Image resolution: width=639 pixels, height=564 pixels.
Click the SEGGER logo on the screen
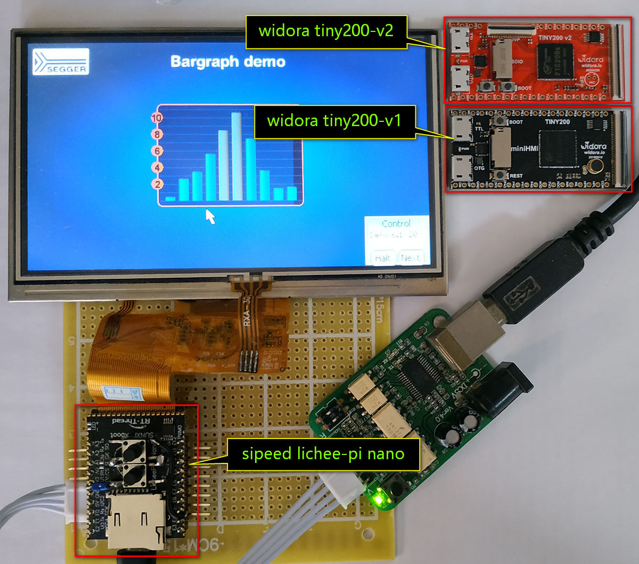(60, 62)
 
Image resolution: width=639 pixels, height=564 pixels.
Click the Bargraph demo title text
(228, 62)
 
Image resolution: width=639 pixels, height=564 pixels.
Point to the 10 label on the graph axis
(157, 118)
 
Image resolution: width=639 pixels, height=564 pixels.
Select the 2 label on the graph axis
(157, 185)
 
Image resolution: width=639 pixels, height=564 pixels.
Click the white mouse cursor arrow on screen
(211, 217)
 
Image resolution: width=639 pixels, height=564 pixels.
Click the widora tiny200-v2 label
(326, 30)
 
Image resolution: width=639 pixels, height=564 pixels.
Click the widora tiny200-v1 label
(334, 121)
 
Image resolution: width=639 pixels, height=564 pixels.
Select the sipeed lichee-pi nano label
(323, 454)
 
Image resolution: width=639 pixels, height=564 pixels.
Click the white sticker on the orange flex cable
(121, 393)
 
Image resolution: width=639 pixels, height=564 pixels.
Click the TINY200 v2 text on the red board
(554, 38)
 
